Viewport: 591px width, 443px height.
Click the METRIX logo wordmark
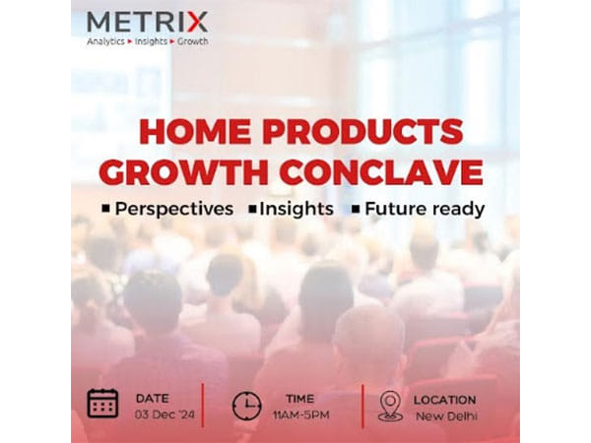(x=147, y=21)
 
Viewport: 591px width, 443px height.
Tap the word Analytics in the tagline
(x=105, y=41)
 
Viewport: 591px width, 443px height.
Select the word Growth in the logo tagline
(x=192, y=41)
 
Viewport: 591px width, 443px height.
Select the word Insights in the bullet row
(x=295, y=209)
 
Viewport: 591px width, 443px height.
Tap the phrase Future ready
(x=425, y=209)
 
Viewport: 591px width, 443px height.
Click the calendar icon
(x=102, y=403)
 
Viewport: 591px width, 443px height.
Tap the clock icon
(x=247, y=405)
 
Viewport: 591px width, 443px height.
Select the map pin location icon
(x=390, y=405)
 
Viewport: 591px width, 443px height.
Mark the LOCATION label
(x=445, y=399)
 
